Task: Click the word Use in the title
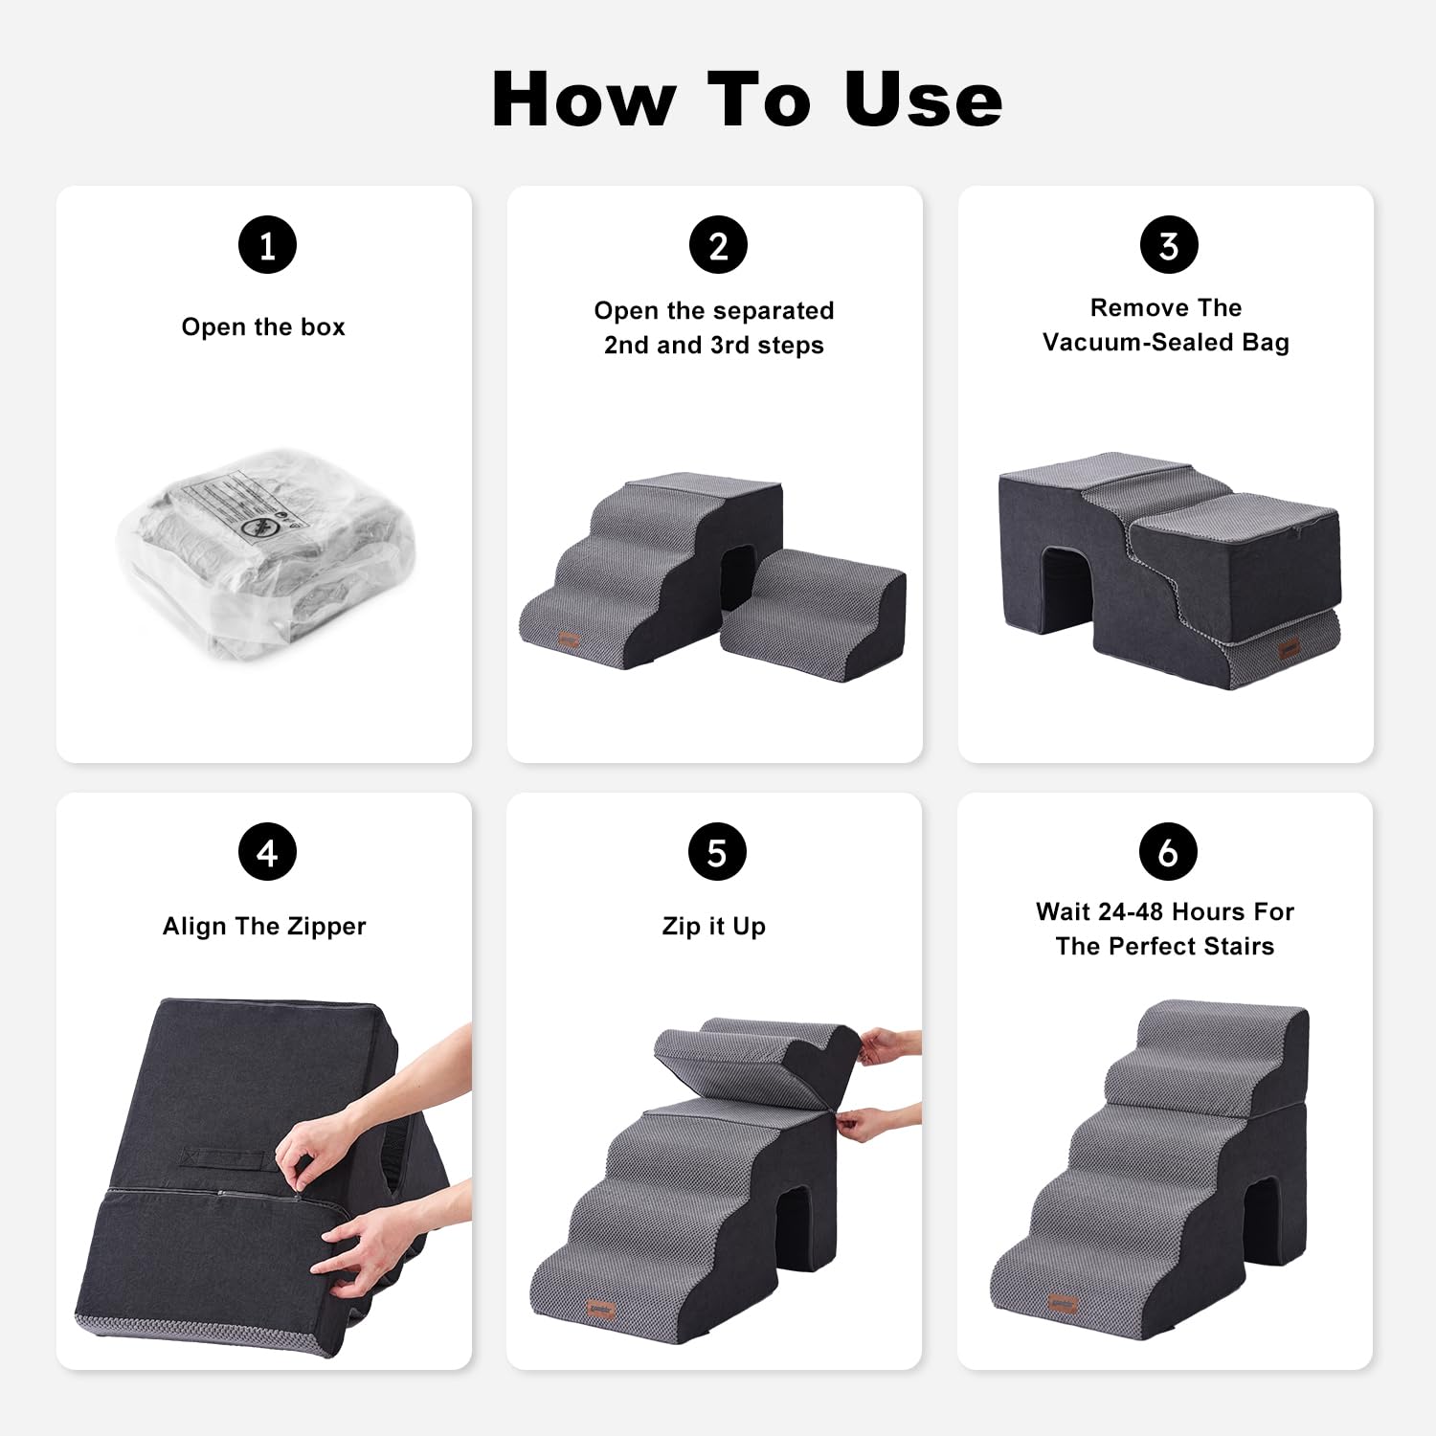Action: tap(923, 100)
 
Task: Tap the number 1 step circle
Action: tap(267, 245)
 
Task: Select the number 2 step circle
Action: tap(718, 245)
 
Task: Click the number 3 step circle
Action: tap(1169, 245)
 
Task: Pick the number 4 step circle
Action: tap(267, 852)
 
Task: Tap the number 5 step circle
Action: tap(717, 852)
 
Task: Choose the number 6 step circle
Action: tap(1168, 852)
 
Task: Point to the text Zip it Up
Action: tap(714, 927)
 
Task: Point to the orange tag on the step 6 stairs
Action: tap(1063, 1303)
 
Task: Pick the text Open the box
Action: tap(263, 327)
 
